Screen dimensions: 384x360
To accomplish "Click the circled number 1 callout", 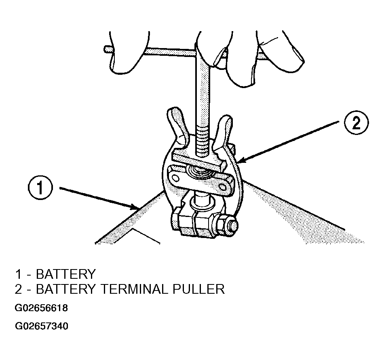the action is point(40,188).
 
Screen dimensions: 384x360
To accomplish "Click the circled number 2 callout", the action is point(357,123).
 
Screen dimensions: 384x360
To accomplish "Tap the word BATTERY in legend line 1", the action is point(65,274).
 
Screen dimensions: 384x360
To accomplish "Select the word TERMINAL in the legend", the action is point(135,289).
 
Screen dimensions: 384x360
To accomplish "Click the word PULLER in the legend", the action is point(198,289).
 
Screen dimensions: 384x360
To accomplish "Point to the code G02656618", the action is point(41,308).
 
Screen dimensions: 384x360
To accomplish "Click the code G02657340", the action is point(41,326).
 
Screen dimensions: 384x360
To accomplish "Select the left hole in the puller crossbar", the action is point(175,177).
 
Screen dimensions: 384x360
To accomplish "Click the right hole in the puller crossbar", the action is point(223,187).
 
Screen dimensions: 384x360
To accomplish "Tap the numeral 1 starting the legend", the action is point(18,274).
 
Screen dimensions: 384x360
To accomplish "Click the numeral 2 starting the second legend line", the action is point(18,289).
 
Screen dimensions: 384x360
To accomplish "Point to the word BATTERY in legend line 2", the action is point(65,289).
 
